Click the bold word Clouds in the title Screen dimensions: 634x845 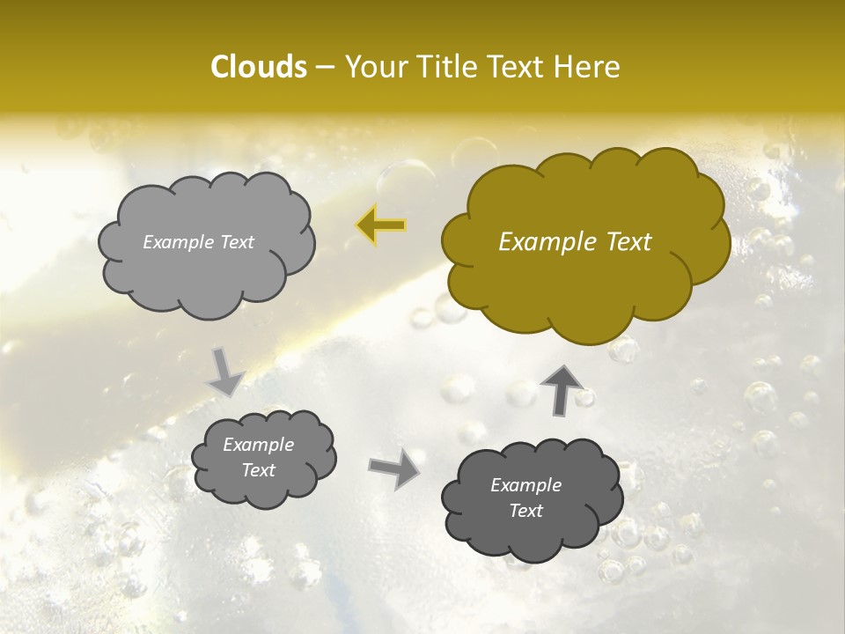coord(259,67)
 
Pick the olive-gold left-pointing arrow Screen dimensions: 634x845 coord(381,226)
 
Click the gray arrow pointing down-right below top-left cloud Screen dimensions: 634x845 coord(226,372)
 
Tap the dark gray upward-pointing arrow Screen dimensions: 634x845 coord(561,388)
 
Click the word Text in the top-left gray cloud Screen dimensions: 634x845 coord(238,242)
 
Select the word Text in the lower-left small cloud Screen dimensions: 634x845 coord(259,470)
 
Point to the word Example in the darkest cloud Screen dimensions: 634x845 coord(525,485)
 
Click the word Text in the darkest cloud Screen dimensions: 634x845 coord(525,511)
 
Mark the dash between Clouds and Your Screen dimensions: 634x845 coord(325,67)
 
